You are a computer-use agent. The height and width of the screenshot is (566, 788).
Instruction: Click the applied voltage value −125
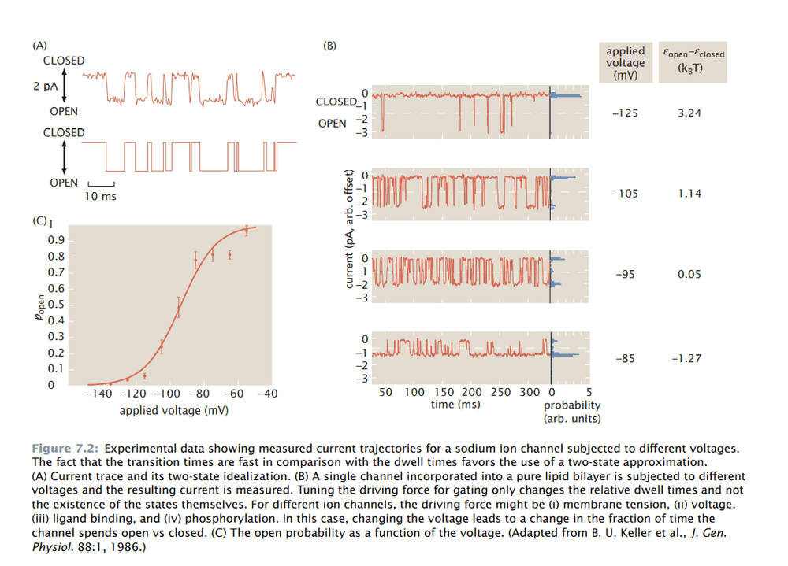[x=625, y=113]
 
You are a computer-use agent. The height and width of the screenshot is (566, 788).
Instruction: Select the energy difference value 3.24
[x=689, y=113]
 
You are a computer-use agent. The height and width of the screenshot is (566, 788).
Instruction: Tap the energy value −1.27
[x=686, y=359]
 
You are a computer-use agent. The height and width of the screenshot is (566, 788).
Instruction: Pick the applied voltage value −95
[x=625, y=275]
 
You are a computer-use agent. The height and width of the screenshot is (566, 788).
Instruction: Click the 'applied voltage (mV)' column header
[x=625, y=62]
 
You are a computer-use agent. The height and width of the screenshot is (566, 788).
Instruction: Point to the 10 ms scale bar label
[x=101, y=196]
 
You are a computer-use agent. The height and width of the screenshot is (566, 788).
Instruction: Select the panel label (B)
[x=330, y=45]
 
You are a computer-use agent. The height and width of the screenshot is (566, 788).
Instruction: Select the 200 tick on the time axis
[x=472, y=392]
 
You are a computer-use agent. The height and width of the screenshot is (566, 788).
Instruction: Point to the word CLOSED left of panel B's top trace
[x=336, y=102]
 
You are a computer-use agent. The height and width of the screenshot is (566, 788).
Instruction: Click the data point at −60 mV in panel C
[x=229, y=254]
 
